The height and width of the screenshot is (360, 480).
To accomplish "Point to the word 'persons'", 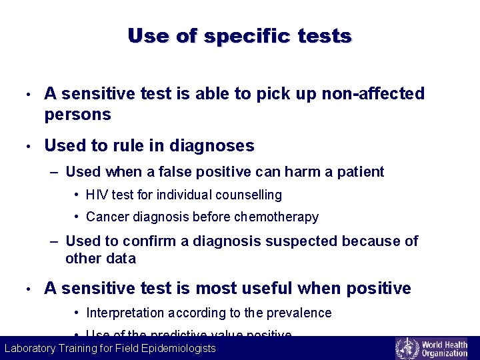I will point(77,115).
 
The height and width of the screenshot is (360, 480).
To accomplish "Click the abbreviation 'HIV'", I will point(97,195).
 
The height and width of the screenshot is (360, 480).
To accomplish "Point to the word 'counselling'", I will point(250,195).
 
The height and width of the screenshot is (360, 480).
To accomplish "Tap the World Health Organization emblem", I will point(407,349).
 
